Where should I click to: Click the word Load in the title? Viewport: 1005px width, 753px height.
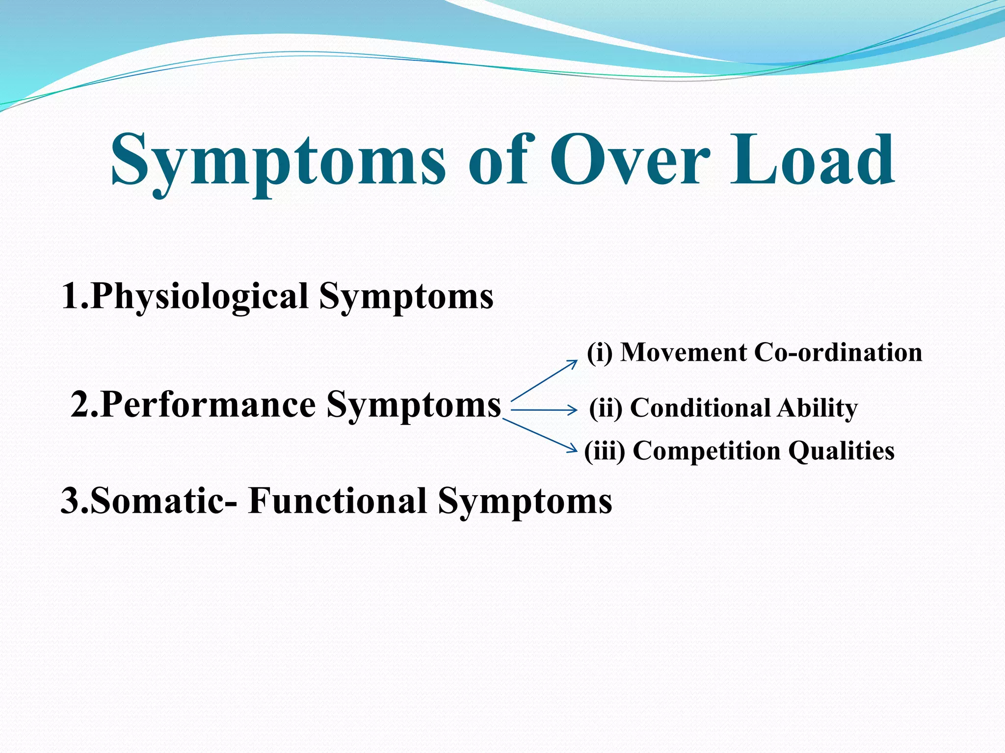tap(812, 160)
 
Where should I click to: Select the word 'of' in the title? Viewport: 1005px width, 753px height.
tap(498, 160)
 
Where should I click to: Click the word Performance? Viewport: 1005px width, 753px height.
tap(208, 405)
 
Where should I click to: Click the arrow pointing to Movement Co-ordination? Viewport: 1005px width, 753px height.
tap(545, 380)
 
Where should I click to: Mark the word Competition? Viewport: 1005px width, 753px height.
tap(707, 451)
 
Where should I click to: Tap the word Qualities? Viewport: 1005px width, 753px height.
tap(842, 451)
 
